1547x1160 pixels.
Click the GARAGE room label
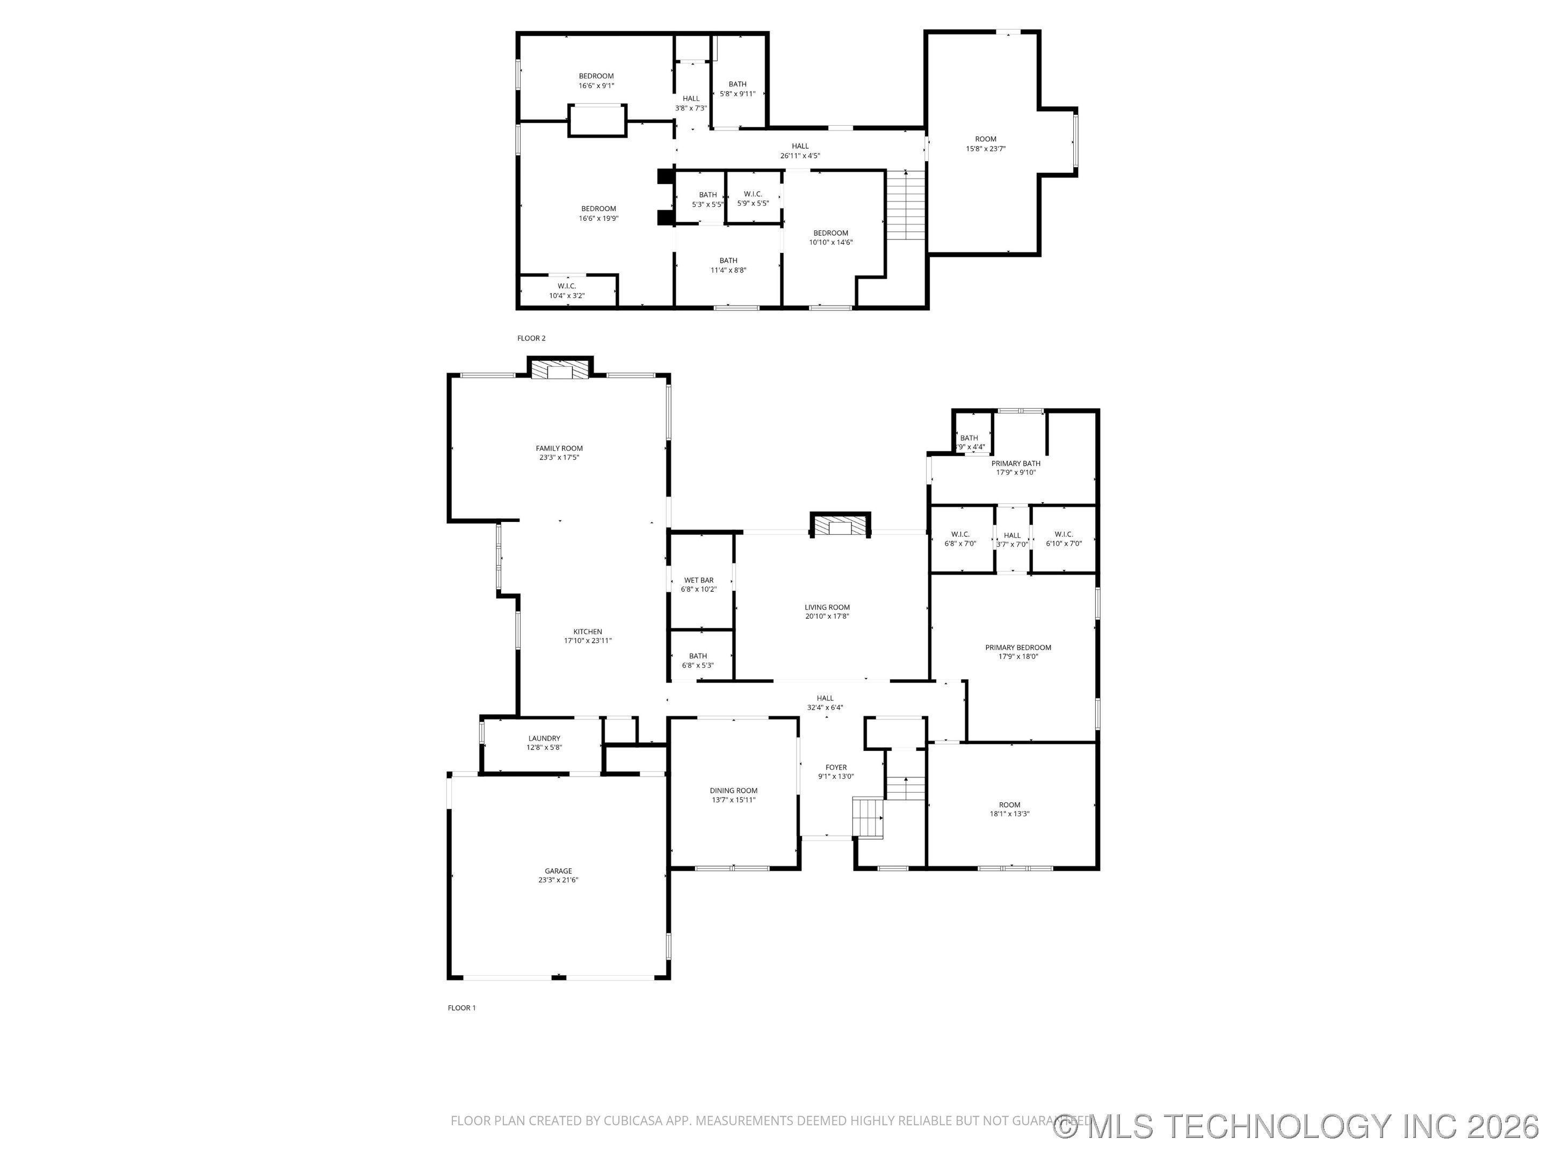(558, 871)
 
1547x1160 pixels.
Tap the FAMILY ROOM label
(559, 448)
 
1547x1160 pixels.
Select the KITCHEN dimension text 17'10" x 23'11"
(588, 641)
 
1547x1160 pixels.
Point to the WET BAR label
(699, 581)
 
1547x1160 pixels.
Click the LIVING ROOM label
(827, 607)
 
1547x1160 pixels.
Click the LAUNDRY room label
(544, 738)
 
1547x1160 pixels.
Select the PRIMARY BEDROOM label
(1017, 648)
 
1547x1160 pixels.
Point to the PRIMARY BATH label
(1015, 463)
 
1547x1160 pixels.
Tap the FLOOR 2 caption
(531, 338)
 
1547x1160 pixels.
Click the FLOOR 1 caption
(461, 1007)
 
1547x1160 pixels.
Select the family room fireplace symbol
(560, 371)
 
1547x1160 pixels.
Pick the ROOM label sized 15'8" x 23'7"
(986, 139)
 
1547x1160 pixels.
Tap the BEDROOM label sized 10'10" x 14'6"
(830, 233)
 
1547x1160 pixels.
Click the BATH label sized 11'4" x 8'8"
(728, 261)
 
